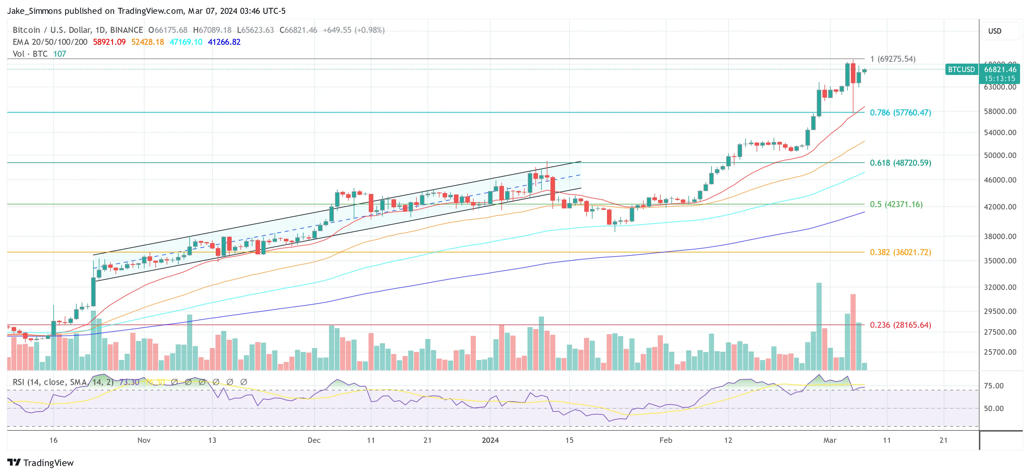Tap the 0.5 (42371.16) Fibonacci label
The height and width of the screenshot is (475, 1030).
896,204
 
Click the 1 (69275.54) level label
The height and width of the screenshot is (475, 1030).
893,59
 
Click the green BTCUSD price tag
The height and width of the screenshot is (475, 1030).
961,70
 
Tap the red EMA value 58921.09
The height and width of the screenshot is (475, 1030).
109,42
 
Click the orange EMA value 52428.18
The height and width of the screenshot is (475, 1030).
148,42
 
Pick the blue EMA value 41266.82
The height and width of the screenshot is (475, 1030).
224,42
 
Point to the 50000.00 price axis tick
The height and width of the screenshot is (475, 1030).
1000,155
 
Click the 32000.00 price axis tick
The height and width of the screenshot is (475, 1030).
1000,287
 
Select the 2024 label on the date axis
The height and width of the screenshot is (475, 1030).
490,440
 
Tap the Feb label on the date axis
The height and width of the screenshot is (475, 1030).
666,440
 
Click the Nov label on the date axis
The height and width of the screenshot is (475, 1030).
144,440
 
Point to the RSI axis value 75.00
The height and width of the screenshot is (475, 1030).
994,386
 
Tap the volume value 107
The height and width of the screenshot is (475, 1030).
60,54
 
